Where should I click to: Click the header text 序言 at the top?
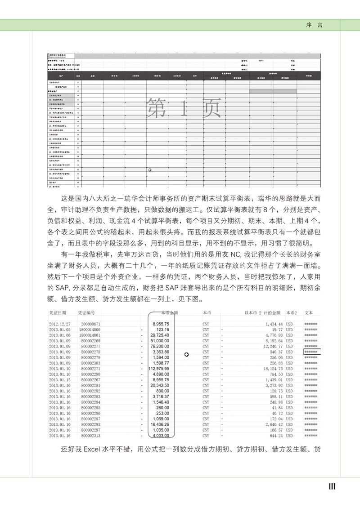pos(314,25)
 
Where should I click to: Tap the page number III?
pos(332,486)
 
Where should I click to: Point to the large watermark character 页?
pos(213,107)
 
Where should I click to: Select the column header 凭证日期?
pos(58,312)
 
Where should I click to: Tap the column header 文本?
pos(309,312)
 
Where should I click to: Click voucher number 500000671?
pos(90,324)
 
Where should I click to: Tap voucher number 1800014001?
pos(89,335)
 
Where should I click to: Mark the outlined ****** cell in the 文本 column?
pos(312,352)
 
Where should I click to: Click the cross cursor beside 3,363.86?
pos(186,354)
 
